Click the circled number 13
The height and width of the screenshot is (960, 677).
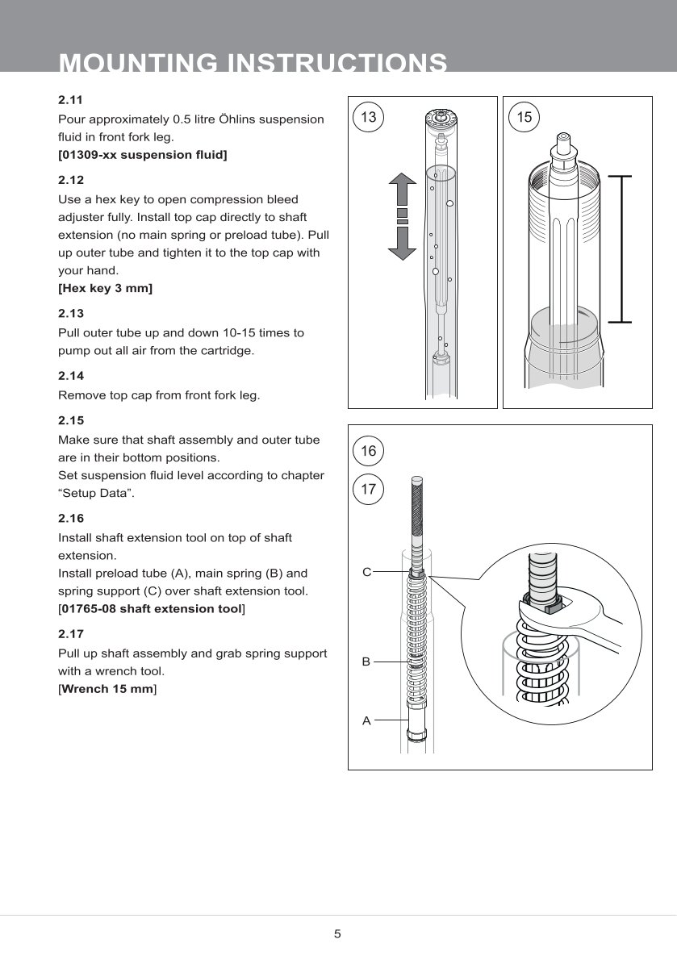(x=369, y=117)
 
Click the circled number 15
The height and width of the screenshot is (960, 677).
(x=524, y=117)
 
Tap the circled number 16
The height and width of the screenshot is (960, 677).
(x=369, y=451)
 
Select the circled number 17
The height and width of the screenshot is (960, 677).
(x=369, y=489)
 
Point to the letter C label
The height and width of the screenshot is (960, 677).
(x=366, y=572)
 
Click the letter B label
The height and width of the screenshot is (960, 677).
(x=366, y=662)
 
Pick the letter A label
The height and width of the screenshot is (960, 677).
(x=366, y=720)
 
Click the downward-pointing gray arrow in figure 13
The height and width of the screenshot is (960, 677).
(x=402, y=242)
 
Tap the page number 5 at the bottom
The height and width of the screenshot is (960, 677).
(x=338, y=934)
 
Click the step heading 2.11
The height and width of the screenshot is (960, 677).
(x=71, y=100)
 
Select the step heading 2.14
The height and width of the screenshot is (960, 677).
(x=71, y=376)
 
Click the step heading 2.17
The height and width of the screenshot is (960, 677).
(x=71, y=635)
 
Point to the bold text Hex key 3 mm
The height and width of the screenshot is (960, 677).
(x=106, y=288)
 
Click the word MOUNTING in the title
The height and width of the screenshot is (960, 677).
(x=136, y=63)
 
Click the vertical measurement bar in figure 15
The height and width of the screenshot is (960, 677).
(x=620, y=248)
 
